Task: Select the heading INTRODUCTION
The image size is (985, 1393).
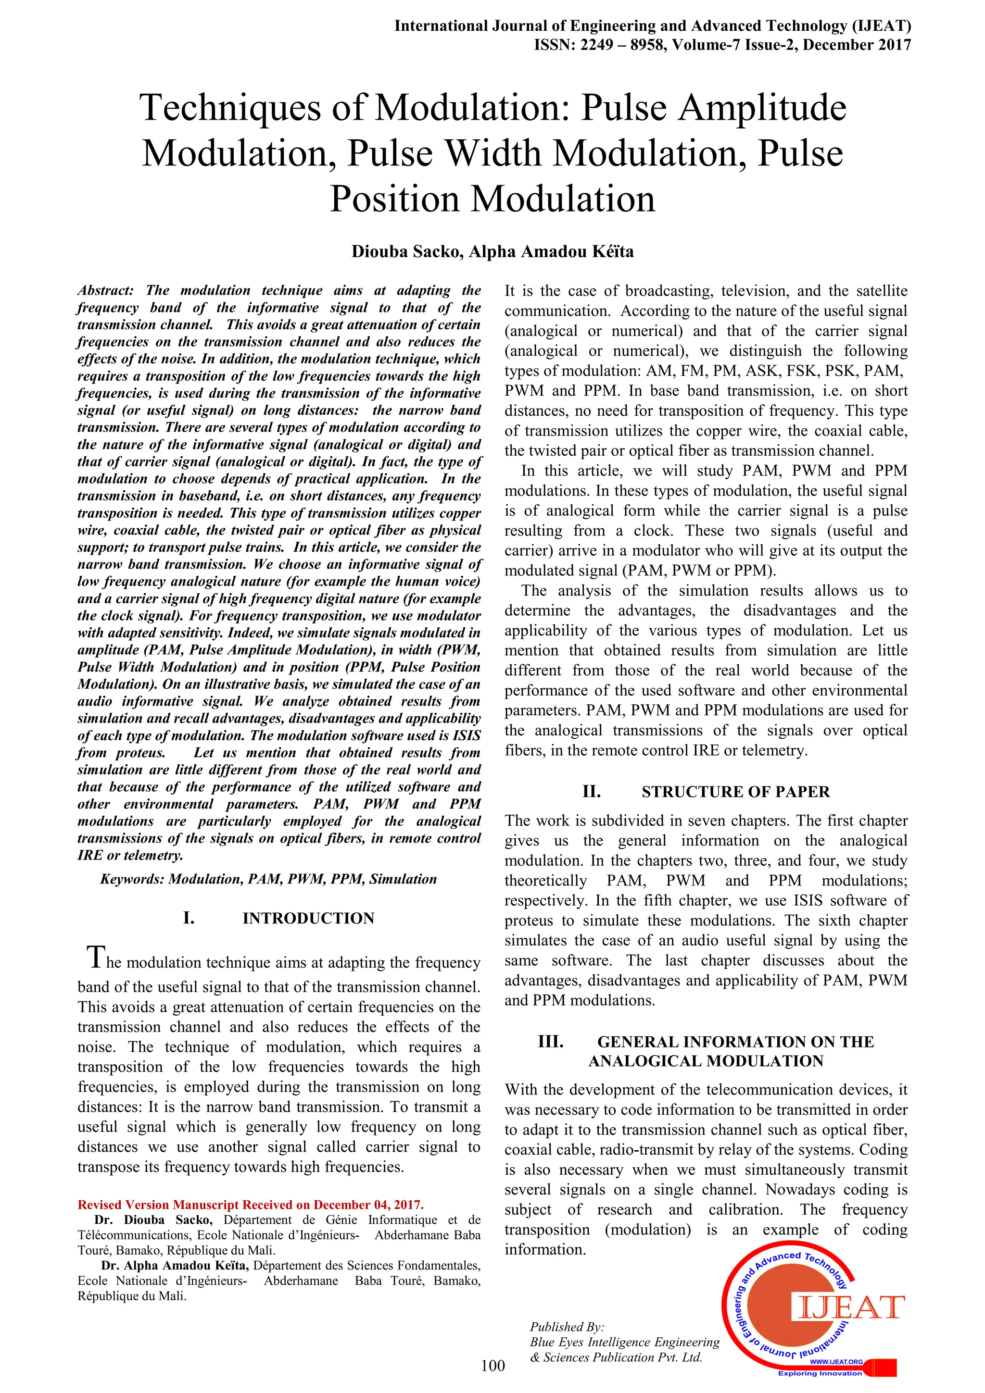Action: [x=308, y=918]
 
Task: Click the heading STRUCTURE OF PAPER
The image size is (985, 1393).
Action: [x=735, y=791]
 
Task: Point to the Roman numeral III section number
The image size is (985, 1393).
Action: [x=551, y=1041]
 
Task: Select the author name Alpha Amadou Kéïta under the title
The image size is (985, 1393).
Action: [x=551, y=252]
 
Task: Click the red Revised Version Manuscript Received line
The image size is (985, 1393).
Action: [x=251, y=1204]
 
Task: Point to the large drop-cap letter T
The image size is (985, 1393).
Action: [x=95, y=958]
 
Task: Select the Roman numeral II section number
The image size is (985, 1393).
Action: [x=591, y=791]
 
